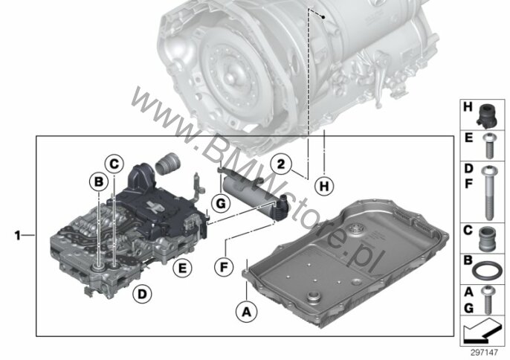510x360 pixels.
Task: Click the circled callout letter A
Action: (247, 312)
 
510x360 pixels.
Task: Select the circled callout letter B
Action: (98, 181)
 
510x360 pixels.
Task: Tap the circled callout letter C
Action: (114, 164)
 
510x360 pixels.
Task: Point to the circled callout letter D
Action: (142, 294)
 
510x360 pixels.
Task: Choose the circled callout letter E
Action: (182, 268)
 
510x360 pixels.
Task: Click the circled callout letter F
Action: (224, 267)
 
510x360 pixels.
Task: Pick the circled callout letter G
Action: (221, 204)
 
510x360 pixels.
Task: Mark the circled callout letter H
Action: (324, 187)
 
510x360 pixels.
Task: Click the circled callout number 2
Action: (281, 164)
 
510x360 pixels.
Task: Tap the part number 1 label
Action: (18, 235)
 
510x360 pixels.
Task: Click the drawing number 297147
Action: (484, 353)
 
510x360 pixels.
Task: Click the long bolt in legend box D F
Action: (490, 193)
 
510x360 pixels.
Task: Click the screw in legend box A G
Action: (488, 300)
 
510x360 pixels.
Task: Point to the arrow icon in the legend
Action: (482, 331)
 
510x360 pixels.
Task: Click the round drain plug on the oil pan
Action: (313, 298)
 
